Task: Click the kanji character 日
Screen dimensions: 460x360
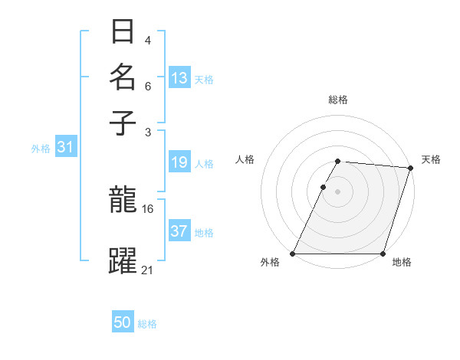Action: click(x=123, y=32)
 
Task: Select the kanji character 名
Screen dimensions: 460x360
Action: click(x=123, y=77)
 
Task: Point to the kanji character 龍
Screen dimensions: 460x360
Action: click(x=123, y=201)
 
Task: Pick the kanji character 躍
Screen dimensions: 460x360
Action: click(x=123, y=260)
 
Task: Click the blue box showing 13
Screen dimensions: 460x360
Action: click(x=179, y=78)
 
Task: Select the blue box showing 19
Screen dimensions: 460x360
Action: click(x=179, y=162)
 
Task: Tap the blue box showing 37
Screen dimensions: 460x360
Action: click(x=179, y=231)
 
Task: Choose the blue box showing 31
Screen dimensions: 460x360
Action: click(x=65, y=148)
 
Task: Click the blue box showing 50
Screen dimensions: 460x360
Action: click(x=123, y=323)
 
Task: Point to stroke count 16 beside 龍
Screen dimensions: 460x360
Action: click(x=148, y=208)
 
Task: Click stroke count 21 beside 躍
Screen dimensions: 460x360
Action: click(x=148, y=269)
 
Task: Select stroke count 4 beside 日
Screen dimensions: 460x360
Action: click(x=148, y=40)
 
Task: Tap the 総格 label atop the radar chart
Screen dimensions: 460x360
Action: click(x=338, y=100)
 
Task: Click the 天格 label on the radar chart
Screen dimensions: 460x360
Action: click(x=431, y=159)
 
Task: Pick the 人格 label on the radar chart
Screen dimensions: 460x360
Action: click(x=245, y=159)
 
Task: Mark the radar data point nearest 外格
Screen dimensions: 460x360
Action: click(x=293, y=254)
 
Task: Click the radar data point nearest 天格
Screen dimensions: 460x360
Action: click(x=410, y=168)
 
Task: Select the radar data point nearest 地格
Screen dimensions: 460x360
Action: click(x=383, y=254)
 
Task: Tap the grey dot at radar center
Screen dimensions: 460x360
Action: click(x=338, y=191)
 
